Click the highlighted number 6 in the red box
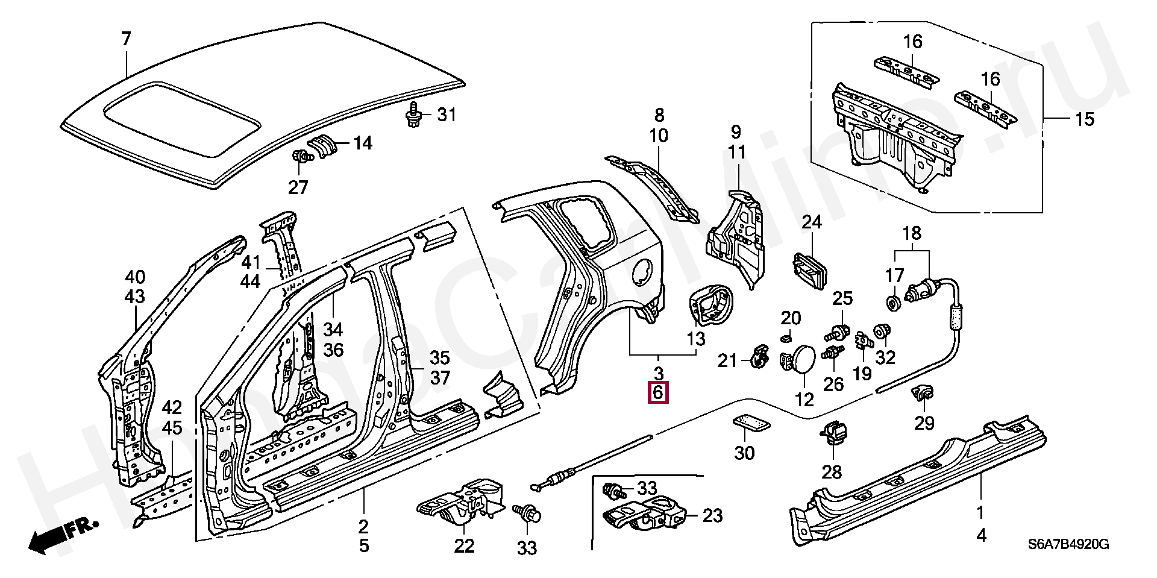(658, 393)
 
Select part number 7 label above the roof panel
(125, 39)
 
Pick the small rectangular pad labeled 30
(752, 423)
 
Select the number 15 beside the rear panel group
(1083, 119)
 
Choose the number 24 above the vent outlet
(812, 222)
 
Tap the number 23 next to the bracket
(712, 515)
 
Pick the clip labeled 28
(833, 433)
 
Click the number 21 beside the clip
(728, 361)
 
